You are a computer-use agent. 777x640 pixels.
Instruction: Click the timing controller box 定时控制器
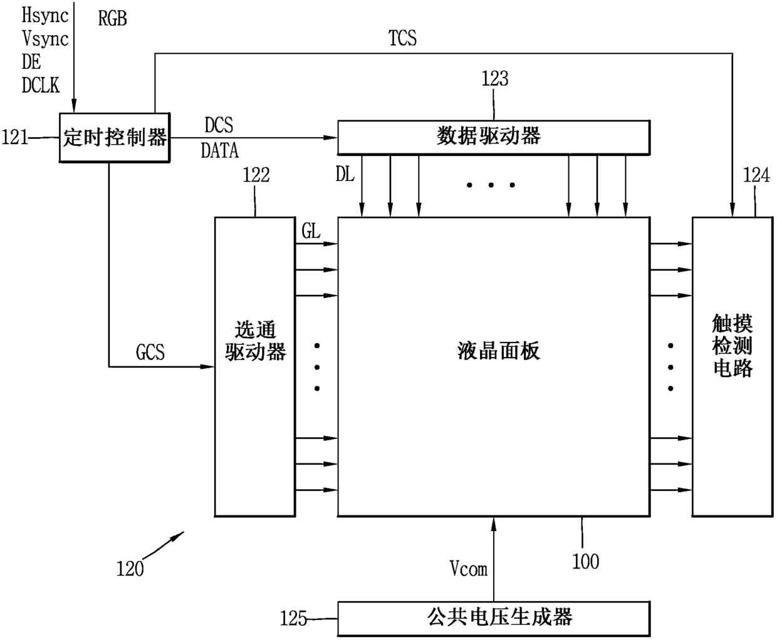[115, 138]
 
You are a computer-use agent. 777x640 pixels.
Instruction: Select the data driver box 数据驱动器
[493, 137]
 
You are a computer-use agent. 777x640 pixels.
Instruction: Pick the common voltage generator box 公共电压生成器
[493, 618]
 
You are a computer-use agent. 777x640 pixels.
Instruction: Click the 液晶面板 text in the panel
[498, 351]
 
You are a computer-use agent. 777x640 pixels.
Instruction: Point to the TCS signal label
[402, 39]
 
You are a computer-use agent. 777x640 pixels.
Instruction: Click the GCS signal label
[150, 353]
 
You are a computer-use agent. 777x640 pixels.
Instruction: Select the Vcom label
[468, 569]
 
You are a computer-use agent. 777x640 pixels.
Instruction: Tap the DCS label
[219, 125]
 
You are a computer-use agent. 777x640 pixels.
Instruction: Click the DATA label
[220, 151]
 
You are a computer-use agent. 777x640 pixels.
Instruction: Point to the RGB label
[113, 19]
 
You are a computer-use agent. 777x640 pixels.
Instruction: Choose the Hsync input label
[44, 15]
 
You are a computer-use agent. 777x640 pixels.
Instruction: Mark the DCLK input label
[41, 86]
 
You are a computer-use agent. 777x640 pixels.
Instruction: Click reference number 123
[494, 79]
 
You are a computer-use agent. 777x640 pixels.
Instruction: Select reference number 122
[256, 175]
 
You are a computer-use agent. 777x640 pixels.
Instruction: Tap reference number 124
[756, 175]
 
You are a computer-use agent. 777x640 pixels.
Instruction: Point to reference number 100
[585, 561]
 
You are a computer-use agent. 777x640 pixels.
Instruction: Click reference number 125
[293, 619]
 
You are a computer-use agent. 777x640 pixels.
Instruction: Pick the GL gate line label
[311, 232]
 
